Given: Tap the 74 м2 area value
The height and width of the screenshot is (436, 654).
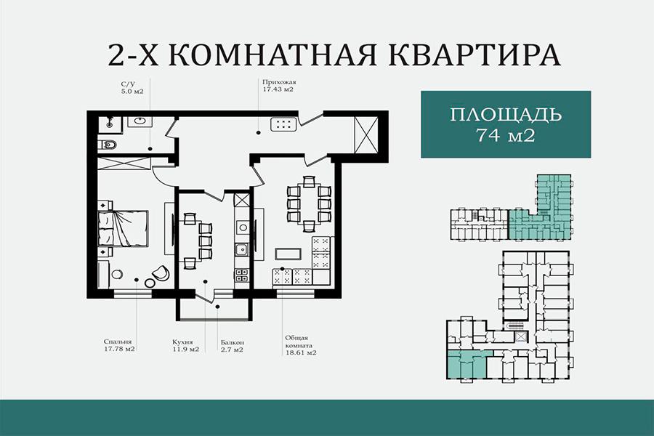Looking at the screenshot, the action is tap(505, 136).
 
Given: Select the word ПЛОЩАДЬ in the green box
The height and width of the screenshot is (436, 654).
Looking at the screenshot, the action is tap(506, 114).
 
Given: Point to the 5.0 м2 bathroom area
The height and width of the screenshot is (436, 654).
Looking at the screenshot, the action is tap(132, 91).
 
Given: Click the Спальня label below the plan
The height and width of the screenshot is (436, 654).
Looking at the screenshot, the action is tap(118, 342).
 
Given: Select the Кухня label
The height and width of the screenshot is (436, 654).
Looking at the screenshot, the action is tap(182, 342).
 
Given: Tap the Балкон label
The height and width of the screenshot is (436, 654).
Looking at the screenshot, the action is tap(233, 342).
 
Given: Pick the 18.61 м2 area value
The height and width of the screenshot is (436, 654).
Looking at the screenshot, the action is tap(301, 352).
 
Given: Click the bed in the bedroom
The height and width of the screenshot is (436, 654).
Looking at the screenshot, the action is tap(123, 227).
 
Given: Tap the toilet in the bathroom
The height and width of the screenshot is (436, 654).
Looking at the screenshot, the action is tap(108, 145).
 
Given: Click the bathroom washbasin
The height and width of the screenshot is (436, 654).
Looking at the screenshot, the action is tap(140, 121).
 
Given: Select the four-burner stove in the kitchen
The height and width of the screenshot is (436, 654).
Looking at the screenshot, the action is tap(242, 275).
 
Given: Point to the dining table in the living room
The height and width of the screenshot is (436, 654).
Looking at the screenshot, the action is tap(309, 204).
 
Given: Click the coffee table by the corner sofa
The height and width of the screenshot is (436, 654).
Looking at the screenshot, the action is tap(288, 254).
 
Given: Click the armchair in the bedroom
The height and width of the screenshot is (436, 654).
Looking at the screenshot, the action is tap(161, 273).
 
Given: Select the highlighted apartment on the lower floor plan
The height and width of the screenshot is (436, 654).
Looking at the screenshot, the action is tap(467, 364).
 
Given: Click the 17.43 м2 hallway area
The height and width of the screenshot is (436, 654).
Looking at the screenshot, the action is tap(278, 89).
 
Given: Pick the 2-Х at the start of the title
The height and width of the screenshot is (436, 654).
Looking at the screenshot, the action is tap(134, 54).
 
